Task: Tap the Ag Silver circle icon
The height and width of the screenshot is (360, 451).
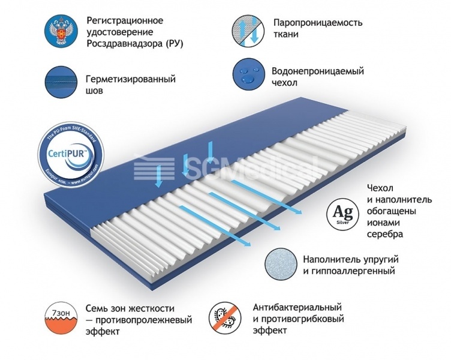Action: point(340,215)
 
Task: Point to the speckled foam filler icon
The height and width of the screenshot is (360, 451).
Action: point(280,265)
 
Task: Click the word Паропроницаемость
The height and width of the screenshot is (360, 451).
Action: point(318,22)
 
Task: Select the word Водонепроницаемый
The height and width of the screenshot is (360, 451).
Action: point(318,71)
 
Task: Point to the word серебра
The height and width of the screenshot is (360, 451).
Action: point(383,234)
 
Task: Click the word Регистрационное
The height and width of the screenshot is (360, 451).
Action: point(125,20)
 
